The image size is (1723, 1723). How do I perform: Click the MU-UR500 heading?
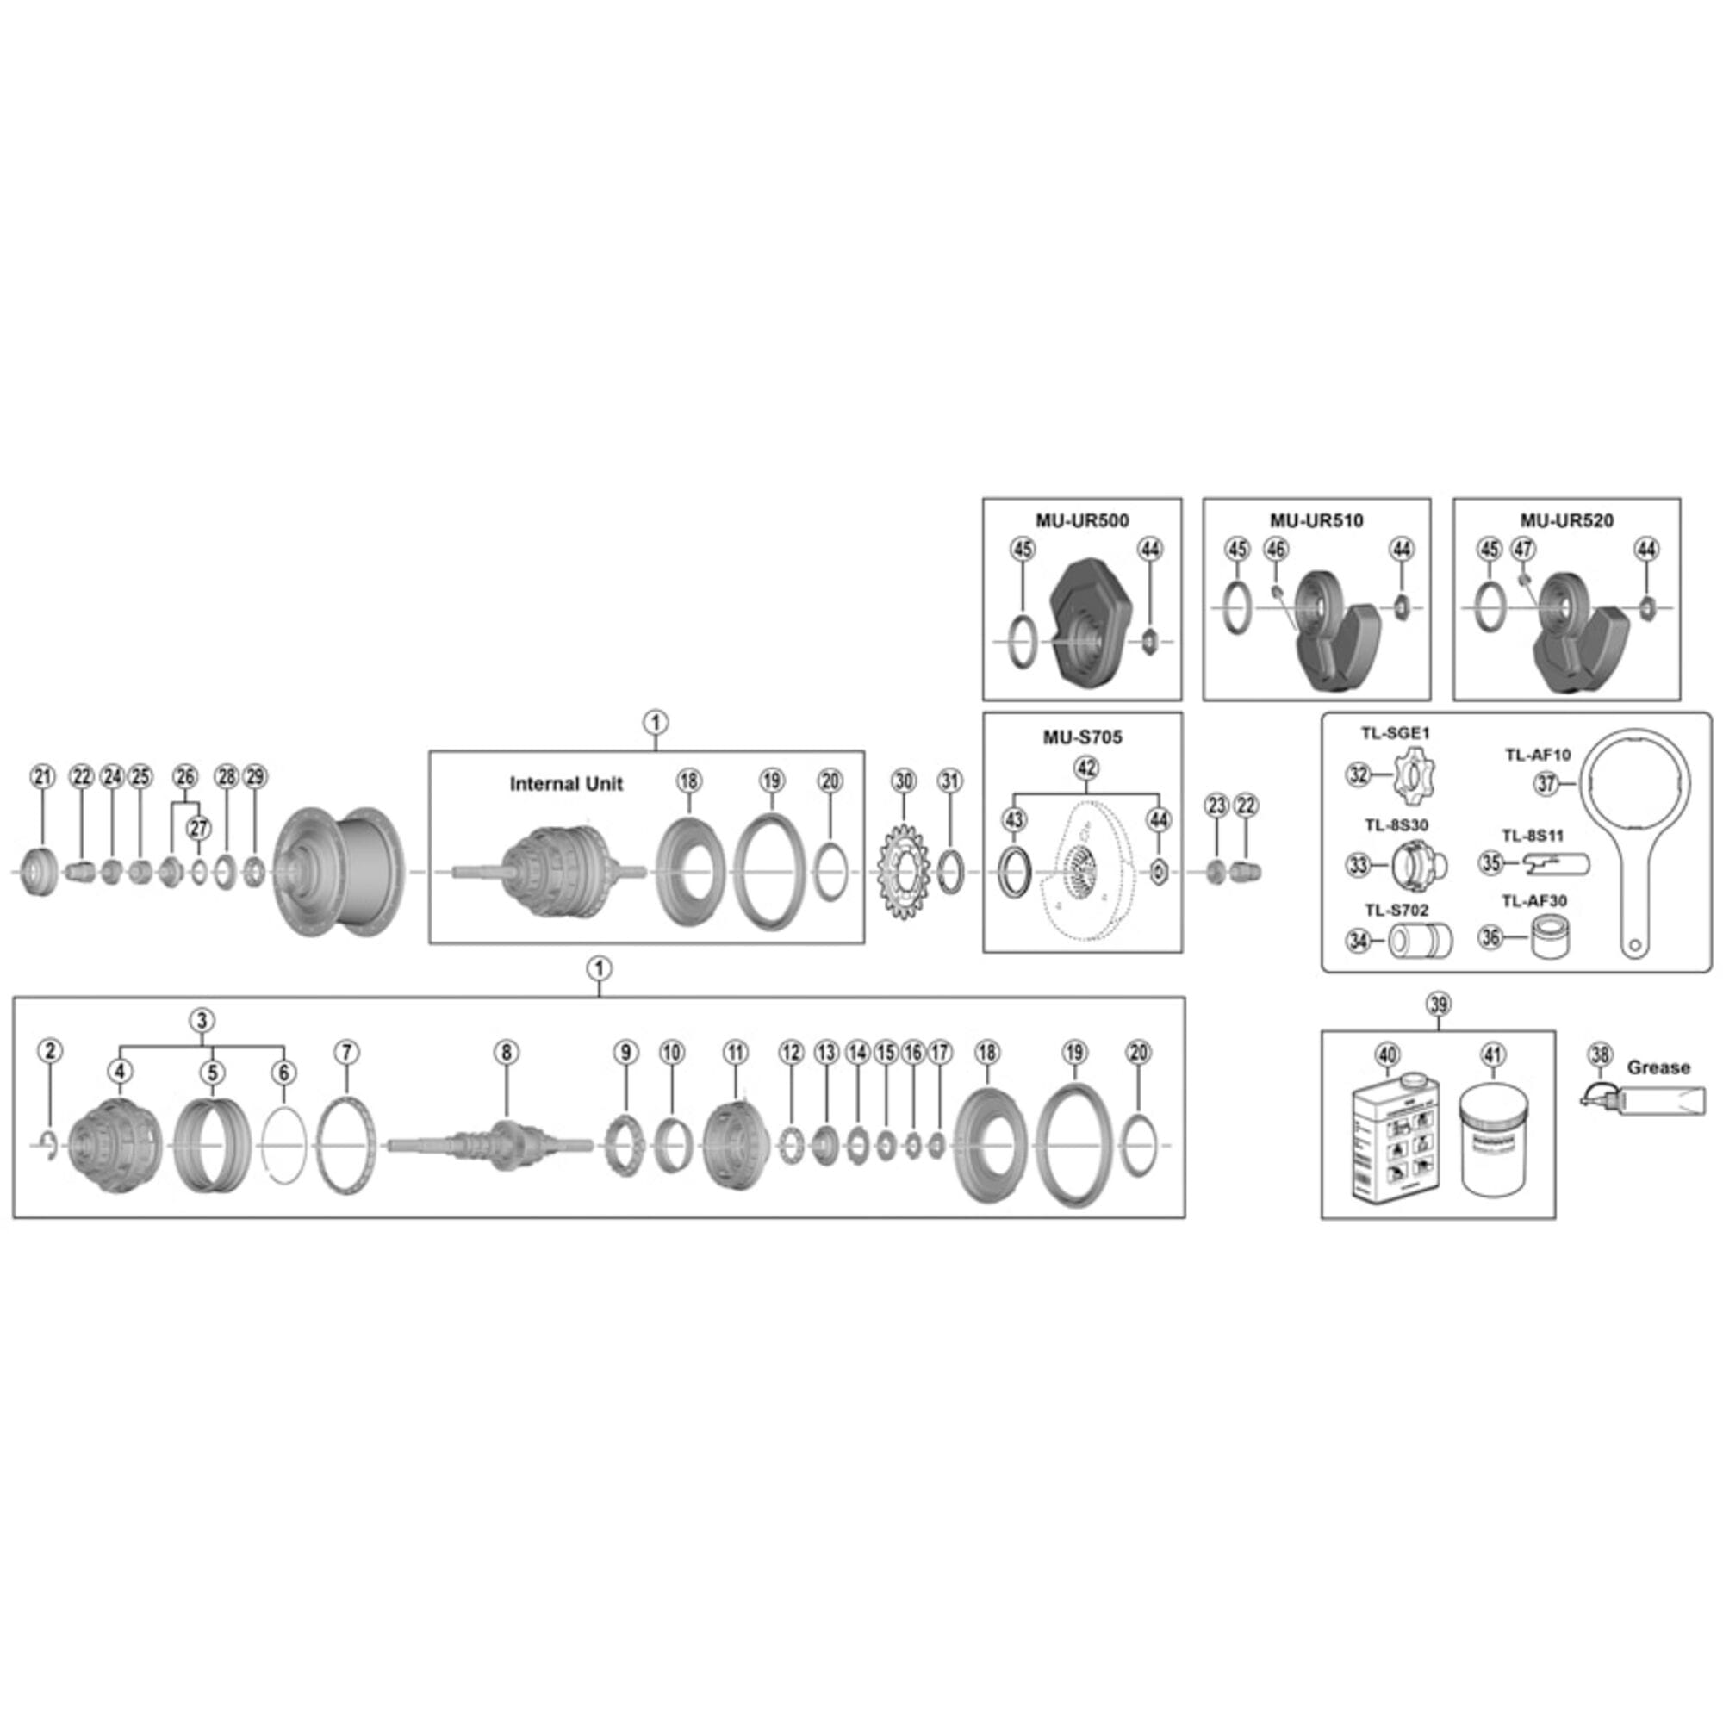[x=1082, y=521]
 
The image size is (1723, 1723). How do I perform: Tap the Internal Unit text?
[x=565, y=784]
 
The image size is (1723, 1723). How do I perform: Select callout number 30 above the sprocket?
[x=904, y=781]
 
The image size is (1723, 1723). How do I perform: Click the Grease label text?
[x=1658, y=1067]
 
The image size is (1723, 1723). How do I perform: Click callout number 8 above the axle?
[x=506, y=1053]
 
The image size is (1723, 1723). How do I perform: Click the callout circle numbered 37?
[x=1546, y=784]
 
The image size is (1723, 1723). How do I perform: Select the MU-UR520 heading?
[x=1567, y=521]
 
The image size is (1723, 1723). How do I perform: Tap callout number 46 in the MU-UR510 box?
[x=1276, y=550]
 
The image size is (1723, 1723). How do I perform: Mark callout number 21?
[x=43, y=777]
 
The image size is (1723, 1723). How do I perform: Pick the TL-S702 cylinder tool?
[x=1421, y=940]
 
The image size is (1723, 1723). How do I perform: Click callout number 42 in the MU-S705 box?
[x=1086, y=768]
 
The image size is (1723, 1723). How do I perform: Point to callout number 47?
[x=1523, y=550]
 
